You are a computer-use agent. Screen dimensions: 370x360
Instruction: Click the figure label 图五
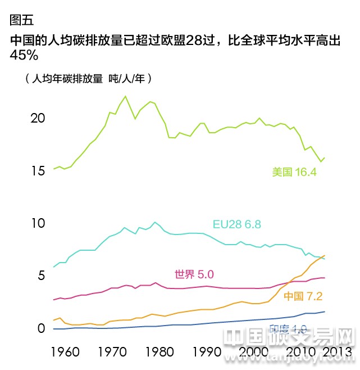pos(22,20)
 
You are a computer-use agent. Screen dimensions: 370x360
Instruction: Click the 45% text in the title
pos(24,55)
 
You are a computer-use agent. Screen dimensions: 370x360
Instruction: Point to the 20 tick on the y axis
pos(38,118)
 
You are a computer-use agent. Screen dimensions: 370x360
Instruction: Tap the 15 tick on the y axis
pos(38,170)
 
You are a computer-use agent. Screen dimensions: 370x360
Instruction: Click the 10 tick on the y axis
pos(38,223)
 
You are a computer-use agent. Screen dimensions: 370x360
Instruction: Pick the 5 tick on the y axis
pos(40,276)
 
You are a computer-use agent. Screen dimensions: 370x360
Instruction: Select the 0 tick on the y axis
pos(40,328)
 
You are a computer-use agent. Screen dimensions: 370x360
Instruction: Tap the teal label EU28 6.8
pos(236,224)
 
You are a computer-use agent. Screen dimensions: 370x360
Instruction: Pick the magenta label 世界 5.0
pos(194,274)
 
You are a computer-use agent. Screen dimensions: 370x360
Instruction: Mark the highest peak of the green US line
pos(125,96)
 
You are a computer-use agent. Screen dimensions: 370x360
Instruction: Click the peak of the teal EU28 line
pos(156,222)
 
